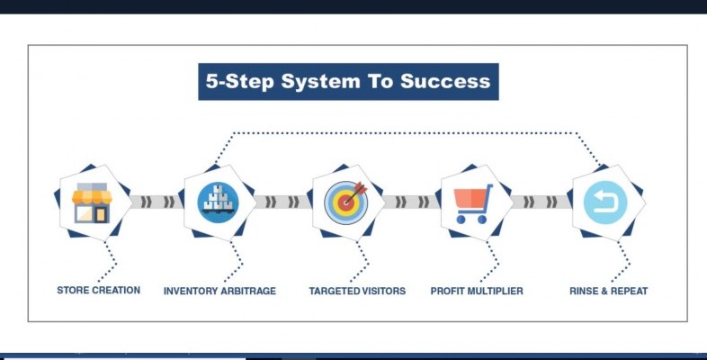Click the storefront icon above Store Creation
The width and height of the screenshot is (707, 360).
click(91, 202)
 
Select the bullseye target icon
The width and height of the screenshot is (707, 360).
click(345, 202)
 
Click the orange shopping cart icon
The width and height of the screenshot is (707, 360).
click(473, 203)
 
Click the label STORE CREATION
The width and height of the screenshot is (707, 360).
click(98, 291)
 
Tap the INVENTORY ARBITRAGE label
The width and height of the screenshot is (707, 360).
click(219, 291)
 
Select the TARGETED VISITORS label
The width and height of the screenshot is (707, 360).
click(357, 291)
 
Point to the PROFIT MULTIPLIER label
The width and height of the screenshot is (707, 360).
click(477, 291)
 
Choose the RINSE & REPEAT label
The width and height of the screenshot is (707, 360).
click(609, 291)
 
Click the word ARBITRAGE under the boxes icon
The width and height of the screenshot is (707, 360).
click(247, 291)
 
